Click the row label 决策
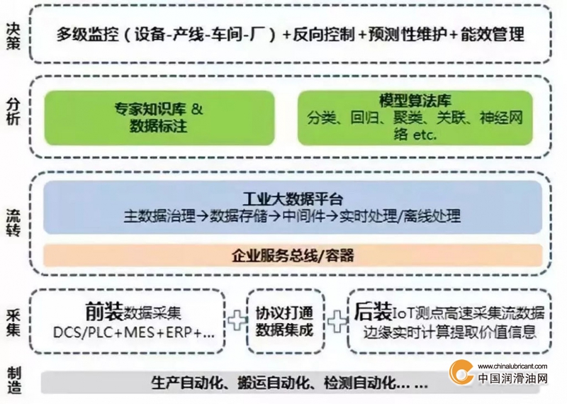tap(13, 35)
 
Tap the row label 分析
tap(13, 111)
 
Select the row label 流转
tap(13, 223)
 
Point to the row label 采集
tap(13, 322)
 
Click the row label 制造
tap(13, 380)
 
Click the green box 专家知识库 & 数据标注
tap(159, 118)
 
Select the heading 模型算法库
tap(415, 101)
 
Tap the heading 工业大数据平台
tap(293, 198)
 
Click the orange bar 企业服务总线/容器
tap(293, 255)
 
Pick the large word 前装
tap(104, 311)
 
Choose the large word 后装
tap(373, 311)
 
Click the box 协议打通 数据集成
tap(286, 321)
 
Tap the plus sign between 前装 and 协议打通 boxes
tap(237, 320)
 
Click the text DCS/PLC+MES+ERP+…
tap(134, 332)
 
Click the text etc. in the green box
tap(425, 135)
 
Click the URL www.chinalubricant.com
tap(512, 366)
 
